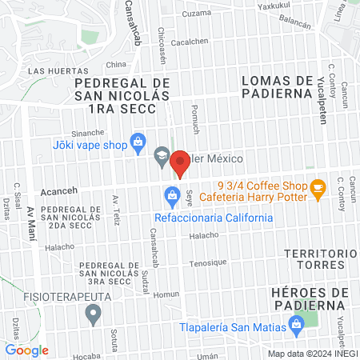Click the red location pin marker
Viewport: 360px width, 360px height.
coord(179,162)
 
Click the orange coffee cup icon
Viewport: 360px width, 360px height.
coord(318,189)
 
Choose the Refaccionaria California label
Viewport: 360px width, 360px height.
coord(214,218)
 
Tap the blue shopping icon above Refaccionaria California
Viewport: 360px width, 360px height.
coord(171,194)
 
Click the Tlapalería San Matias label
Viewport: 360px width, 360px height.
coord(231,324)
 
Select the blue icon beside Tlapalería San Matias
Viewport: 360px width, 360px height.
coord(297,324)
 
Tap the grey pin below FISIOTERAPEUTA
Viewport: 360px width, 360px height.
coord(94,315)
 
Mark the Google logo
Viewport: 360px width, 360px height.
coord(27,350)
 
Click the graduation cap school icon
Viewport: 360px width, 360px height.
coord(162,156)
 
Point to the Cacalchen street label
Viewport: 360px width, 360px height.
coord(190,42)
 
